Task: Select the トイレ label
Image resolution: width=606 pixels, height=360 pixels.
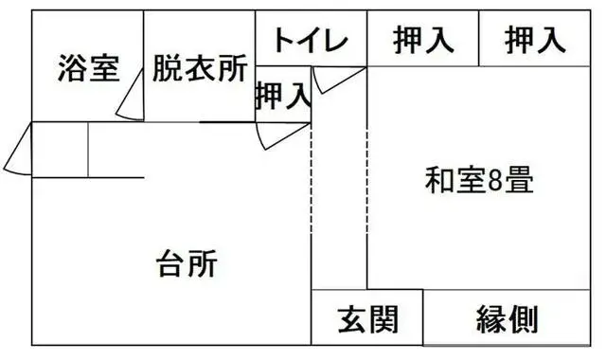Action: coord(312,41)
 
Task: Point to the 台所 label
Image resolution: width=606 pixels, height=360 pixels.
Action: coord(187,263)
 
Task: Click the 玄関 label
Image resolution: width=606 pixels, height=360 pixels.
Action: coord(366,320)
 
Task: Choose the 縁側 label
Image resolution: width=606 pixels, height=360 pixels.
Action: coord(507,320)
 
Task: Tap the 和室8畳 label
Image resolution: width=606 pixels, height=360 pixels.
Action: coord(479,180)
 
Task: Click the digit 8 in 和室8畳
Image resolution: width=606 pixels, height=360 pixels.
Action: coord(492,180)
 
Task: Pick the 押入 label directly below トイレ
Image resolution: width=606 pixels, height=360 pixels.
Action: coord(283,95)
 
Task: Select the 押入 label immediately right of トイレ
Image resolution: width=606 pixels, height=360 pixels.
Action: coord(423,41)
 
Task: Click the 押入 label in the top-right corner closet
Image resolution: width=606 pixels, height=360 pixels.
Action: coord(535,41)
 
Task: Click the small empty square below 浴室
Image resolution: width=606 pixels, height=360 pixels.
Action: coord(61,149)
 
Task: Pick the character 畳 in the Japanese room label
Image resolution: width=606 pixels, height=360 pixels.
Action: coord(518,180)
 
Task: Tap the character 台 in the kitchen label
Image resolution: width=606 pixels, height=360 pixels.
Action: coord(171,263)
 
